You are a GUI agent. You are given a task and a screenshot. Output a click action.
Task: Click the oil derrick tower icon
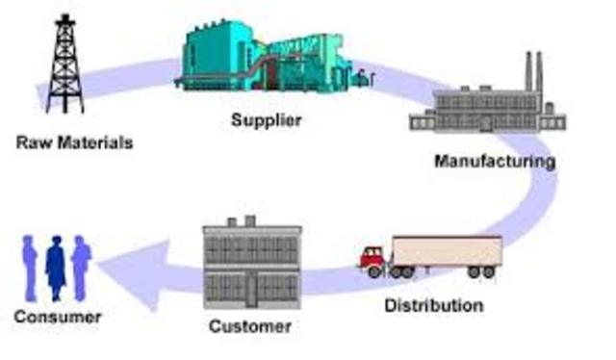[65, 64]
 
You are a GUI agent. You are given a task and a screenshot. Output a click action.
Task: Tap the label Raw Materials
[75, 142]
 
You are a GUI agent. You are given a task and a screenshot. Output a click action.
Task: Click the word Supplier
[267, 120]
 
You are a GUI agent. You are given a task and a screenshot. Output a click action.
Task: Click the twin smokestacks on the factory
[534, 71]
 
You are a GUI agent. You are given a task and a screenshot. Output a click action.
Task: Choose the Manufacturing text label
[495, 161]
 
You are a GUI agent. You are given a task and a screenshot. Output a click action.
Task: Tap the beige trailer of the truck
[447, 251]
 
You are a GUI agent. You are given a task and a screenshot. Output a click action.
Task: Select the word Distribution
[434, 306]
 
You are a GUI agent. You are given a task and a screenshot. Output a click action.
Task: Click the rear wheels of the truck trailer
[481, 272]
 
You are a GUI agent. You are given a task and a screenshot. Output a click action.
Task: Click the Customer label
[250, 326]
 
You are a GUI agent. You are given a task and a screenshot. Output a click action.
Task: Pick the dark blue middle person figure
[56, 268]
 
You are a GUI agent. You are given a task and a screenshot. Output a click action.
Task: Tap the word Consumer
[58, 317]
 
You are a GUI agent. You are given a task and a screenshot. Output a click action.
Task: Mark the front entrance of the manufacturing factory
[486, 124]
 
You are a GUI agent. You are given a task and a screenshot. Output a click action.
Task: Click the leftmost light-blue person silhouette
[30, 269]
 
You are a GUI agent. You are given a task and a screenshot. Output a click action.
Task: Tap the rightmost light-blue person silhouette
[81, 269]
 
